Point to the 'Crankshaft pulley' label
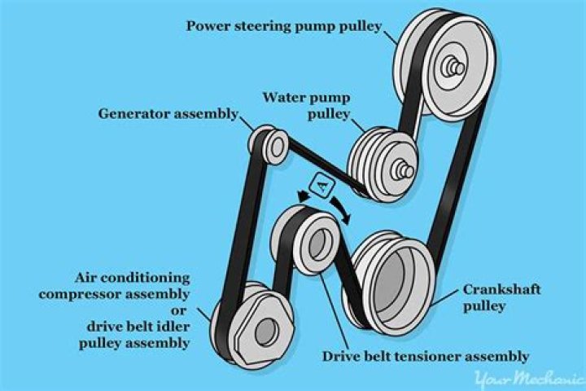[x=491, y=298]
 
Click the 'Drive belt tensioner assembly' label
[x=426, y=356]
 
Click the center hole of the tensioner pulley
[x=319, y=244]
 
